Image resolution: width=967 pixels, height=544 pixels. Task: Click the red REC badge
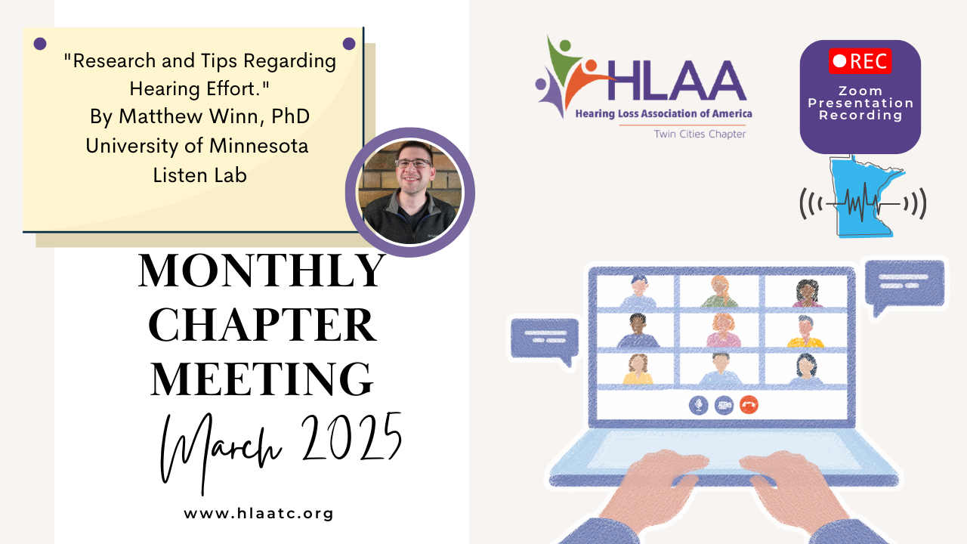(860, 61)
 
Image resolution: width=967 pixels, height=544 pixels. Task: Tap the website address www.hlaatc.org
(258, 513)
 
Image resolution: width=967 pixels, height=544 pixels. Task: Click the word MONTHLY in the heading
(261, 270)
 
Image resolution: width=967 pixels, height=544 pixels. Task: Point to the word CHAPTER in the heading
(262, 325)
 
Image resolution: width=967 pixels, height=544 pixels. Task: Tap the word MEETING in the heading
(261, 379)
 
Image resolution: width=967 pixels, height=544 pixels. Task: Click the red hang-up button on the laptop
(749, 405)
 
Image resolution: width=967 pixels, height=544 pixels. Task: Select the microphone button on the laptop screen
(698, 405)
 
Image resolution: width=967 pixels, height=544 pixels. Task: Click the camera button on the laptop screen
(724, 405)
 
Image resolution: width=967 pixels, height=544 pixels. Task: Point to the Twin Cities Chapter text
(700, 134)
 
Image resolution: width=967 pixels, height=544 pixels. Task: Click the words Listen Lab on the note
(200, 175)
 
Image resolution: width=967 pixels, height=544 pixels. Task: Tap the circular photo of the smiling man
(410, 192)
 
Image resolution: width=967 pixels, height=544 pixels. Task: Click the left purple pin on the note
(40, 44)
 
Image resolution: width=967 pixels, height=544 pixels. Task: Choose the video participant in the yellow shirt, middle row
(805, 332)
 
